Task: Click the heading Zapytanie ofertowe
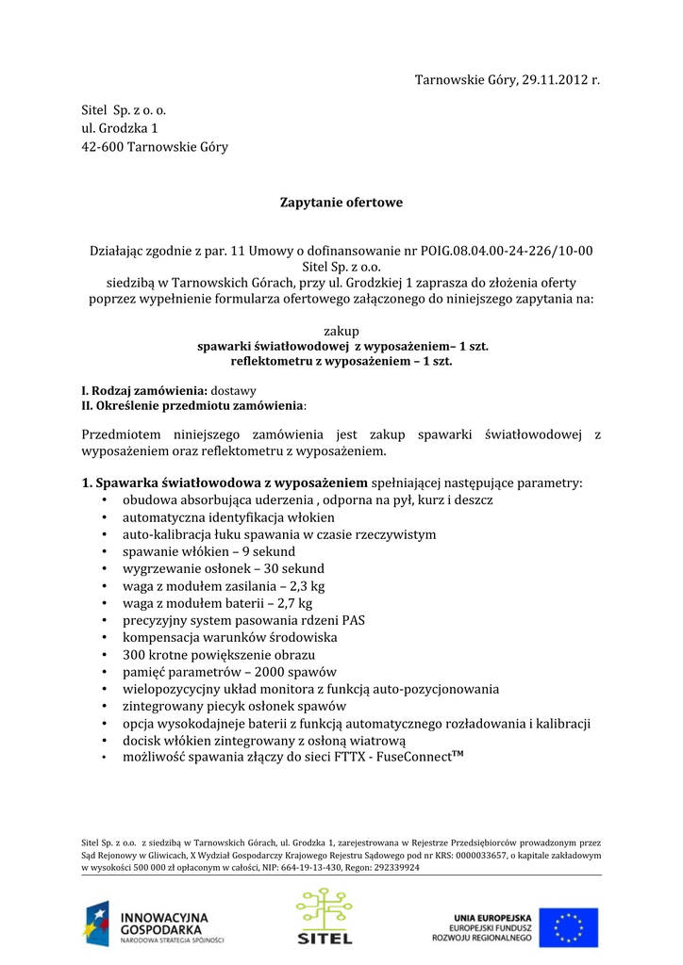point(341,202)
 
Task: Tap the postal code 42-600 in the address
point(102,146)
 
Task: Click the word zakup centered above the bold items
point(341,332)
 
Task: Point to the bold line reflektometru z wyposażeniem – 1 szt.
point(341,361)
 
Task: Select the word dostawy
point(233,390)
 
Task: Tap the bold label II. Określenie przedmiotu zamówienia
point(193,404)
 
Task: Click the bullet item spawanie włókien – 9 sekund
point(208,551)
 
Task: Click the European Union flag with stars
point(575,927)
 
